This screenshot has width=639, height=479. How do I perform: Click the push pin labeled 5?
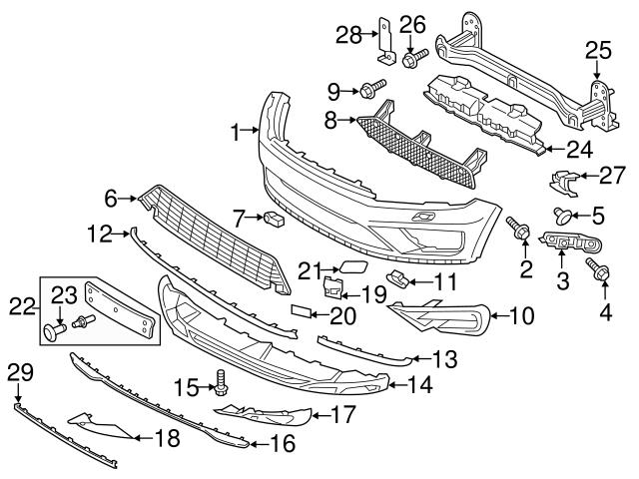tap(562, 214)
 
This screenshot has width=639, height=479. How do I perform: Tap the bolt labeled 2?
tap(519, 229)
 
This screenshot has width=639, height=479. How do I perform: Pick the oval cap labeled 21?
tap(351, 266)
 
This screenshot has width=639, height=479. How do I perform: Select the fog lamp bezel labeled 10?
tap(439, 317)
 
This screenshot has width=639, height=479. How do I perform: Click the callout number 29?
tap(19, 373)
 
